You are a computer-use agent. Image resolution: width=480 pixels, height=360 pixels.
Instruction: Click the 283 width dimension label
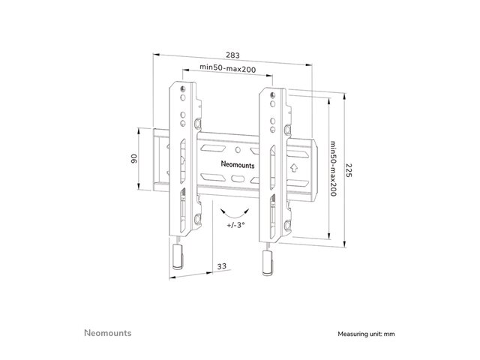point(232,55)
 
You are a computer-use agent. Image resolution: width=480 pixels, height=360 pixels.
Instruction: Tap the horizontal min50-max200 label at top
point(227,68)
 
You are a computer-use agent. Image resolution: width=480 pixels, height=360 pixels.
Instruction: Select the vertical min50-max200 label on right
point(333,168)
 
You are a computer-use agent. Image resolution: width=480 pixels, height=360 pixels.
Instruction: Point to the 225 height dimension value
point(349,170)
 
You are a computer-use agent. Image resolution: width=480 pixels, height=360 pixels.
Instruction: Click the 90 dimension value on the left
point(134,158)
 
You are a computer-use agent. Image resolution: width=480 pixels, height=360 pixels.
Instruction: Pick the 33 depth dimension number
point(222,266)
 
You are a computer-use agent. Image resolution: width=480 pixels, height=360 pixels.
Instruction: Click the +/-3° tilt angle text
point(235,225)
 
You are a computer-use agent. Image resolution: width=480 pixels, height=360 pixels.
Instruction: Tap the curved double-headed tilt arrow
point(235,213)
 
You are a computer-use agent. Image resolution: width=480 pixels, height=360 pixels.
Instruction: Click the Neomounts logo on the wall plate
point(238,164)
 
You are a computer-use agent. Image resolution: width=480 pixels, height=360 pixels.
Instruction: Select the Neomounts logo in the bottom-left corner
point(108,333)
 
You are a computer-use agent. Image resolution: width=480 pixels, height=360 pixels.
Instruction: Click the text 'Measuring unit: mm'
point(366,334)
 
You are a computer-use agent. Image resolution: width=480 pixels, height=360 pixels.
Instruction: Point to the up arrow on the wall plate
point(294,168)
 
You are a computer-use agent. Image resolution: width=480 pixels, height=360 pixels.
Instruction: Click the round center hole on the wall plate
point(238,150)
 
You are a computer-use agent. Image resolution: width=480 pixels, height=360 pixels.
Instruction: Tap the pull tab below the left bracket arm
point(178,256)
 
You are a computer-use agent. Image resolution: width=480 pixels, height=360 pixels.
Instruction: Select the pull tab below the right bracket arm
point(267,263)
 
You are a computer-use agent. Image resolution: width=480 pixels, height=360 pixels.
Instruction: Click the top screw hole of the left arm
point(183,89)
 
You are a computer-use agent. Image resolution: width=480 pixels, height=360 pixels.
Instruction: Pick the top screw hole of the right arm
point(272,95)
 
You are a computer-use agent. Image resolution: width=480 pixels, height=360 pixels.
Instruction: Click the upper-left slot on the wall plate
point(213,148)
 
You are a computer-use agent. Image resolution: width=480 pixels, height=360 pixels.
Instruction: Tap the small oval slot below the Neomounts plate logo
point(238,178)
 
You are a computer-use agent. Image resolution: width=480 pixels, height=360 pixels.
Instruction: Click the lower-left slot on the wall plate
point(213,177)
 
